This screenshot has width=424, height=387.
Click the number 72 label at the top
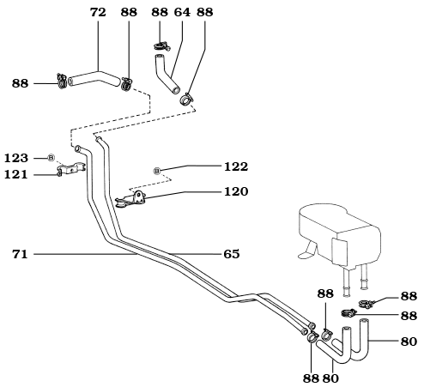pyautogui.click(x=97, y=13)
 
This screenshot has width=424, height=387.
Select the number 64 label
pyautogui.click(x=182, y=13)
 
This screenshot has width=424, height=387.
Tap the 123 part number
pyautogui.click(x=16, y=158)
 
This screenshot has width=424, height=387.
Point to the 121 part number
pyautogui.click(x=16, y=174)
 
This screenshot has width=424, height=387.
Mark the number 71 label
pyautogui.click(x=21, y=254)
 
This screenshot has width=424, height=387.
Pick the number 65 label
pyautogui.click(x=231, y=254)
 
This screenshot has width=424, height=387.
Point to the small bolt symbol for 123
pyautogui.click(x=51, y=158)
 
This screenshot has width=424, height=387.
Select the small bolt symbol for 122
pyautogui.click(x=157, y=171)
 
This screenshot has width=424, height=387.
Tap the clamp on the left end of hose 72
pyautogui.click(x=62, y=82)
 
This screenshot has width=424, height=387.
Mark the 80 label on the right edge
pyautogui.click(x=409, y=341)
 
